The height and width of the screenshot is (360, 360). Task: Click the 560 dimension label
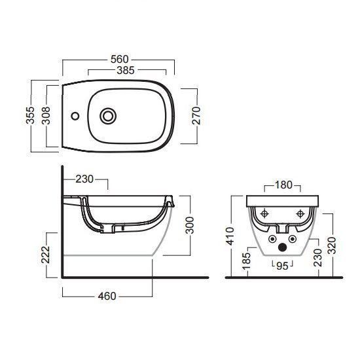(x=119, y=60)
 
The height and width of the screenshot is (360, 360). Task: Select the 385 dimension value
(x=126, y=71)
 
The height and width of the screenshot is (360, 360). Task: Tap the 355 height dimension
(x=30, y=115)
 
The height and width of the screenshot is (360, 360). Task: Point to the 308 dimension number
(x=46, y=115)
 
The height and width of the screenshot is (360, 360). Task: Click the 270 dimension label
(x=196, y=115)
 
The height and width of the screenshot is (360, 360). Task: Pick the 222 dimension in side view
(x=45, y=255)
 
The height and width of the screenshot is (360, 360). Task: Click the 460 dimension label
(x=107, y=296)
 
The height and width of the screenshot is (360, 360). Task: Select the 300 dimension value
(x=190, y=225)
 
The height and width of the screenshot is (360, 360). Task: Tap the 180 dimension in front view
(x=283, y=185)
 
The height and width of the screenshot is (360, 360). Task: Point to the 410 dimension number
(x=230, y=236)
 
